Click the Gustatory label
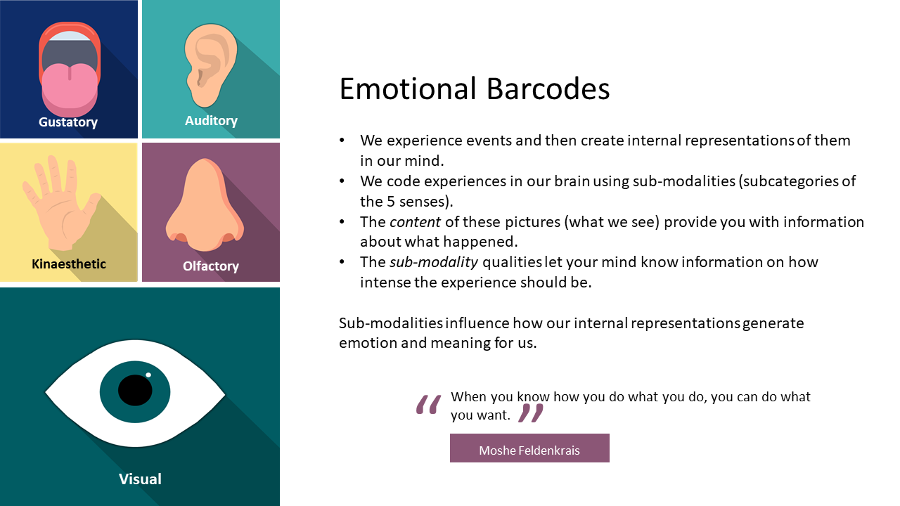68,122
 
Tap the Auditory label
211,121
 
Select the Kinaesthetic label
69,264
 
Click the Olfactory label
211,266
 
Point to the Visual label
140,479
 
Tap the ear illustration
210,63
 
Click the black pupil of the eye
135,390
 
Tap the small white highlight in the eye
148,375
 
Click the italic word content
415,222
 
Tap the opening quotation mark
428,406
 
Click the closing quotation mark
531,413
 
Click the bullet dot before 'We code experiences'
342,181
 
